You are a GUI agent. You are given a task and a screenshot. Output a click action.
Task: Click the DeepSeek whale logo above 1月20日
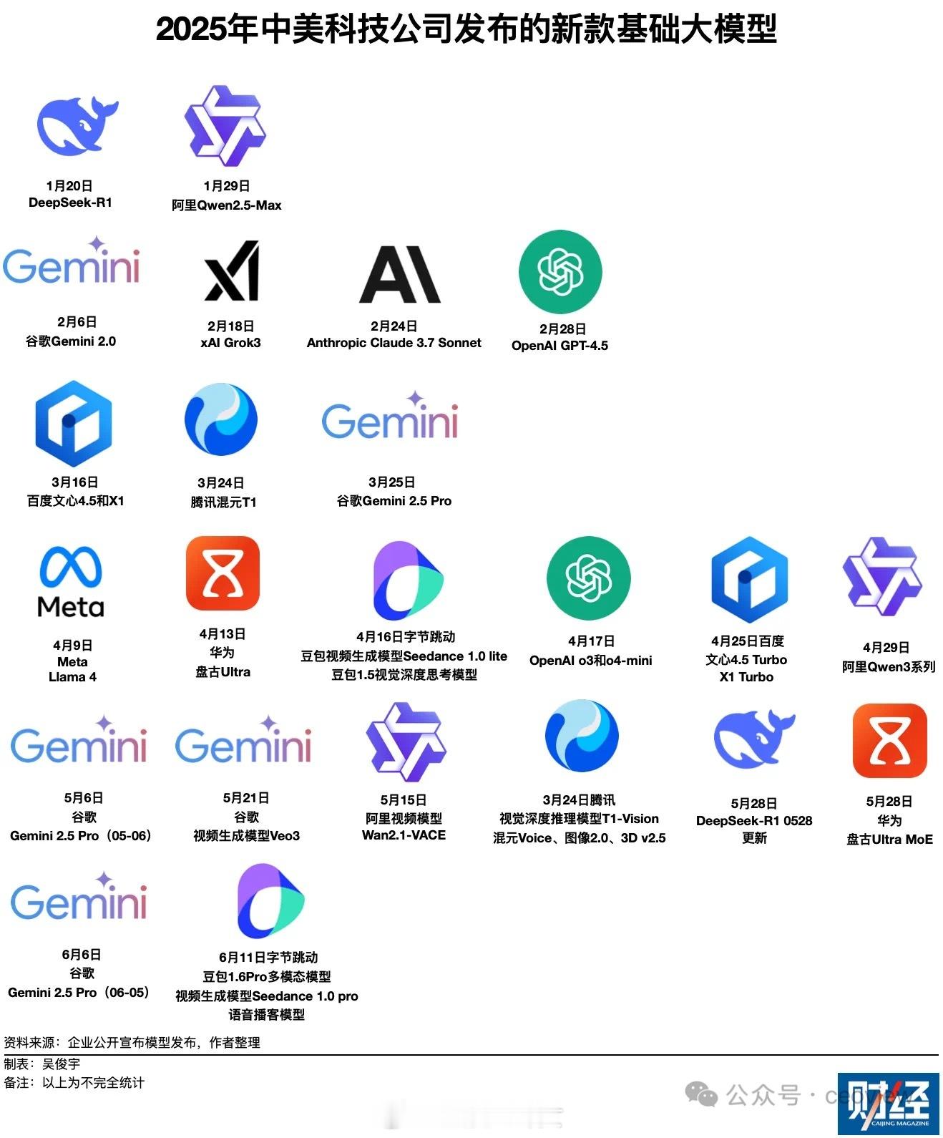click(77, 126)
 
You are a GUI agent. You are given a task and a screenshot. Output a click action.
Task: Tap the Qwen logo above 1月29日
click(225, 126)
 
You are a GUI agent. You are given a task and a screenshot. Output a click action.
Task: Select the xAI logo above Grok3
click(232, 271)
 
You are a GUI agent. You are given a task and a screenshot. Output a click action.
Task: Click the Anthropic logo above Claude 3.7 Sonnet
click(399, 274)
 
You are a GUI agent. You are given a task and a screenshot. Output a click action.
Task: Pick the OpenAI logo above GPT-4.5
click(560, 271)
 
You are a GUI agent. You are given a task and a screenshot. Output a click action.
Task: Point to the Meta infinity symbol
click(71, 567)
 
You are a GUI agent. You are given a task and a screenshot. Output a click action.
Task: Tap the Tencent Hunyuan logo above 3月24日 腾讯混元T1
click(221, 419)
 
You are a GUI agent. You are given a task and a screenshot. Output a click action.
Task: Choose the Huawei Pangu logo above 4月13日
click(223, 573)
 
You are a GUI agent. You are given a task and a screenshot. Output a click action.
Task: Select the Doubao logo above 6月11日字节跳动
click(270, 901)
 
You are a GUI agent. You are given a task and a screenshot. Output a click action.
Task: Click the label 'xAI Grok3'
click(230, 343)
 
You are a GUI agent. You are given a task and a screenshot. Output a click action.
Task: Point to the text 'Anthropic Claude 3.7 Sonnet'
click(394, 343)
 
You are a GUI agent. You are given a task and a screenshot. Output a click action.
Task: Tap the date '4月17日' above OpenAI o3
click(591, 641)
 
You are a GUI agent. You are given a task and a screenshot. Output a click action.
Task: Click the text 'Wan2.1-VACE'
click(404, 835)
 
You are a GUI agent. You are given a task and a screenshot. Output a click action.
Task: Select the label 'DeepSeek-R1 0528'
click(754, 820)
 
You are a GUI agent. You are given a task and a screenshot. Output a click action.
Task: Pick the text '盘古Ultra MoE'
click(889, 840)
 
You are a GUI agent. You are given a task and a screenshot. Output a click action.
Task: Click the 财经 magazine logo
click(889, 1104)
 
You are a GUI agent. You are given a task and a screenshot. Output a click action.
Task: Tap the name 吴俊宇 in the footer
click(61, 1064)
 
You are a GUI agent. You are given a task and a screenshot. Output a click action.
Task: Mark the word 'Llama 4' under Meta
click(72, 677)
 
